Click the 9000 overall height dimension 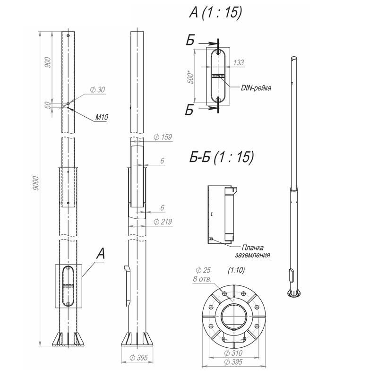coord(35,183)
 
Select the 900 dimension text coord(48,62)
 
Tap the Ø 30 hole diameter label coord(98,90)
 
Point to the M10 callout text coord(102,117)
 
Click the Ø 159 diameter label coord(163,137)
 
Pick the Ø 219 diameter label coord(163,222)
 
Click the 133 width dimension coord(239,62)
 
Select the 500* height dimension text coord(190,77)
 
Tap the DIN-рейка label coord(256,88)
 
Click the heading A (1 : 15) coord(215,12)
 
